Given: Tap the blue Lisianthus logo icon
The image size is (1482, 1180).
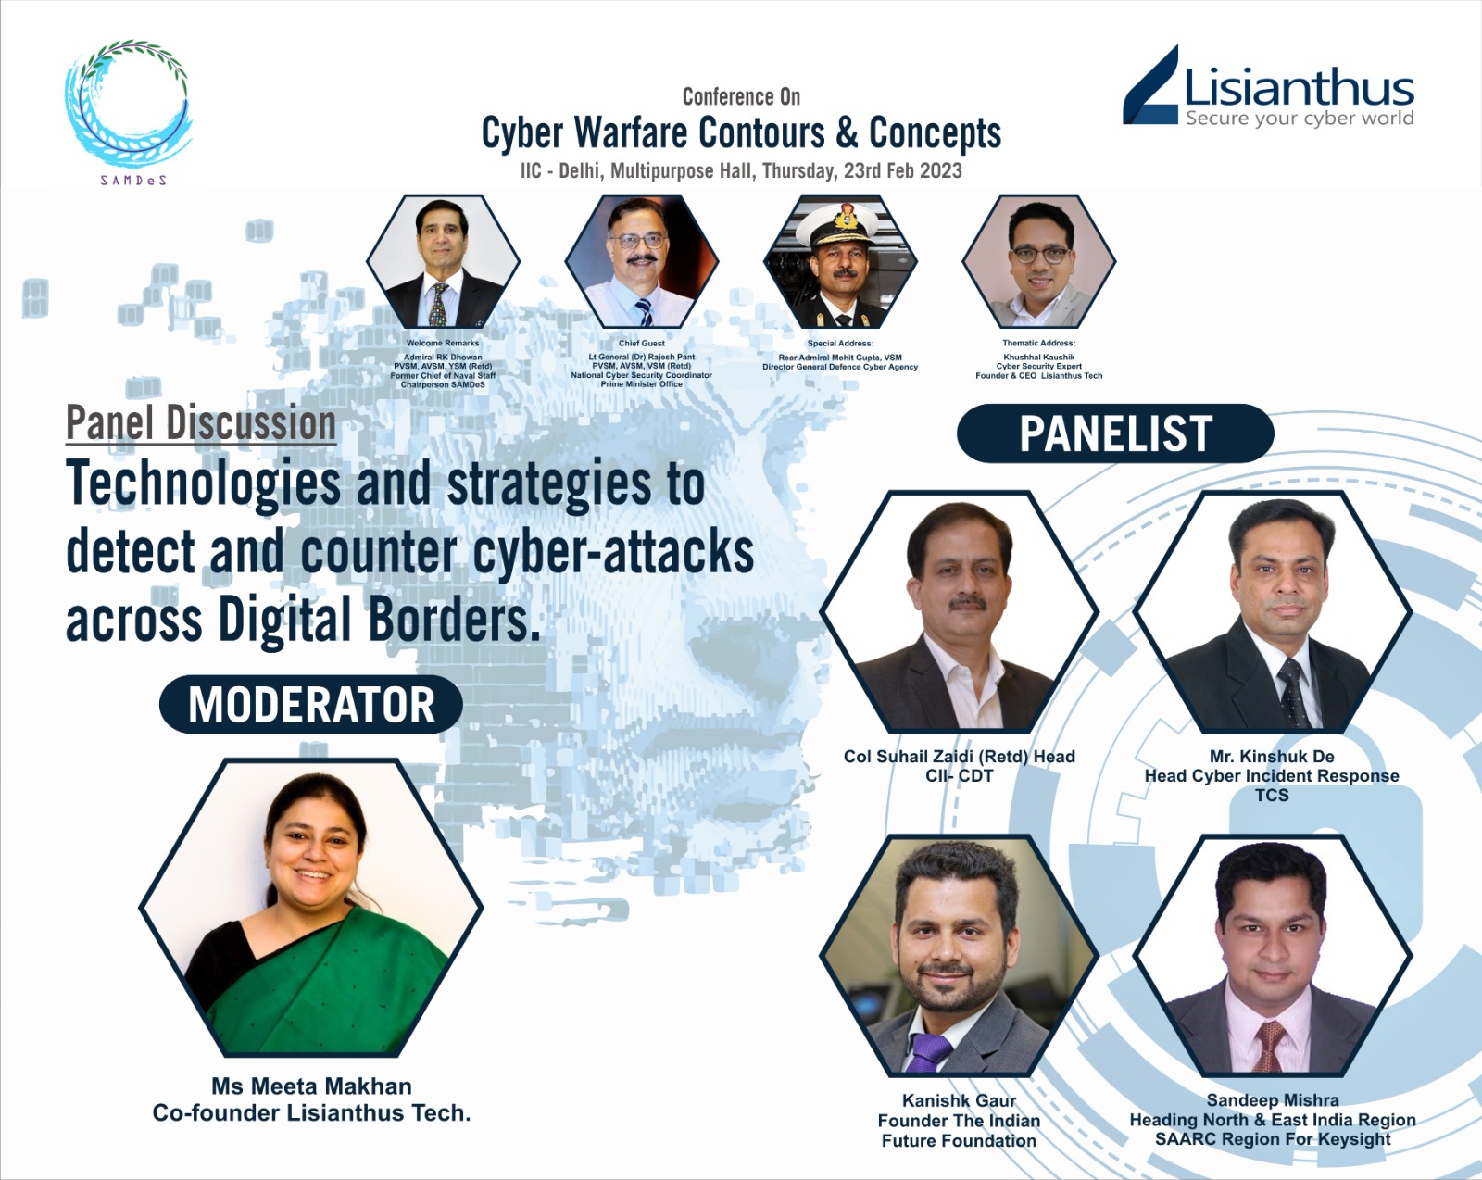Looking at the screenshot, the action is [1150, 85].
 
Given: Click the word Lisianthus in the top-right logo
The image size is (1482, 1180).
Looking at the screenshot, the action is [1299, 88].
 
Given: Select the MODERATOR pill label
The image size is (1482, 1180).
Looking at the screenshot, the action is [310, 705].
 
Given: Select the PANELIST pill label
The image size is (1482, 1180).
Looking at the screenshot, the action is [1115, 433].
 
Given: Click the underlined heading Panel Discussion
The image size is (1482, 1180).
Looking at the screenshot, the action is [201, 422].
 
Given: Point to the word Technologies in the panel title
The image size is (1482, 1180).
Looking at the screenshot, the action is [203, 484].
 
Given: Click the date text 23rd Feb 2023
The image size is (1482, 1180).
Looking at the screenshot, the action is [903, 170].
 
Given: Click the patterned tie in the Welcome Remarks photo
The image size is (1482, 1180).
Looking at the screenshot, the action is [437, 304].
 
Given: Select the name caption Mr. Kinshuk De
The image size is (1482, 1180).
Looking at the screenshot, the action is [1271, 757].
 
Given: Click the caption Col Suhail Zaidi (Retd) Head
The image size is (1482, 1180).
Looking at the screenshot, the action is [960, 757].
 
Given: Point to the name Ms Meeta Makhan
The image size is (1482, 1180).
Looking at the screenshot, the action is [311, 1086].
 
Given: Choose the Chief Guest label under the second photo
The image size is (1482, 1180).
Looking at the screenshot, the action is [641, 343].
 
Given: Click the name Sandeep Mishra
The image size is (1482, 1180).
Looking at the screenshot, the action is [1273, 1100].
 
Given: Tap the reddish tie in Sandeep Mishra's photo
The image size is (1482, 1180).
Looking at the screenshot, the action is [1268, 1045].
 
